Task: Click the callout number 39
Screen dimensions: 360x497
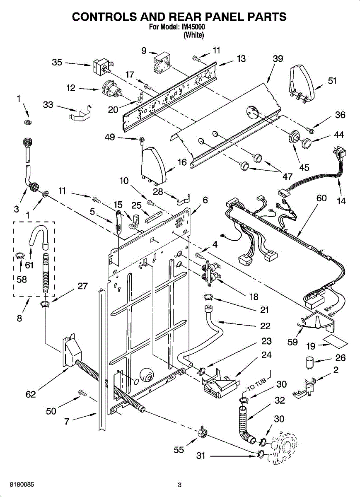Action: [x=278, y=59]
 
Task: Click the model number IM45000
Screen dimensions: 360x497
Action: [x=193, y=27]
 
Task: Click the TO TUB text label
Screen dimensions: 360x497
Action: [x=256, y=385]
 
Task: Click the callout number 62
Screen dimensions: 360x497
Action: [x=31, y=394]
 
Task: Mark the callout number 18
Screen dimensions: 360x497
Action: [x=254, y=297]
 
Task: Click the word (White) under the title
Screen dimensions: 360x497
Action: [x=193, y=35]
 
